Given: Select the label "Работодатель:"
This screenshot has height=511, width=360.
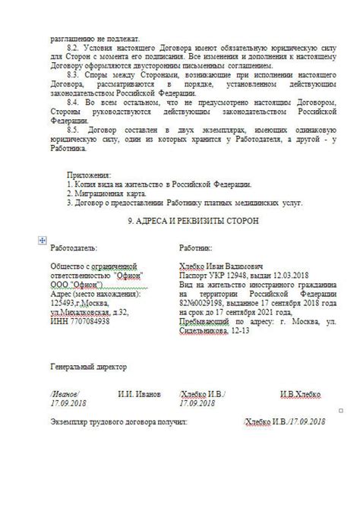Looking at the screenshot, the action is tap(73, 248).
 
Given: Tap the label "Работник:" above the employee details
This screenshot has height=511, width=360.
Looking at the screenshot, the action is tap(195, 248).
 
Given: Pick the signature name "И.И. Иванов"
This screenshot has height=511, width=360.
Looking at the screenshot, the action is tap(139, 395).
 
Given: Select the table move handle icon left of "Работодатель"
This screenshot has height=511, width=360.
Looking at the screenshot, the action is tap(42, 240).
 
